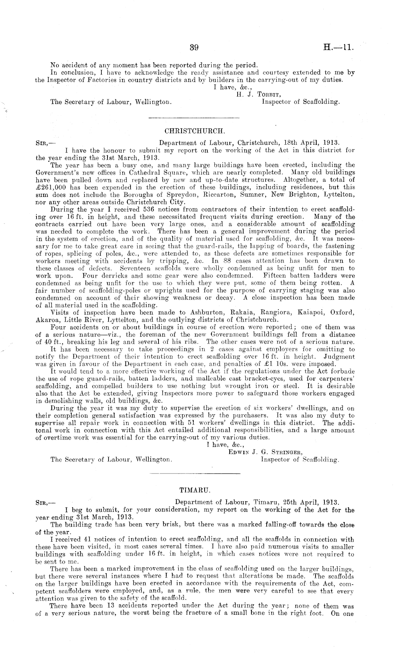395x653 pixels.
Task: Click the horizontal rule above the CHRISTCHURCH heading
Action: tap(194, 117)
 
